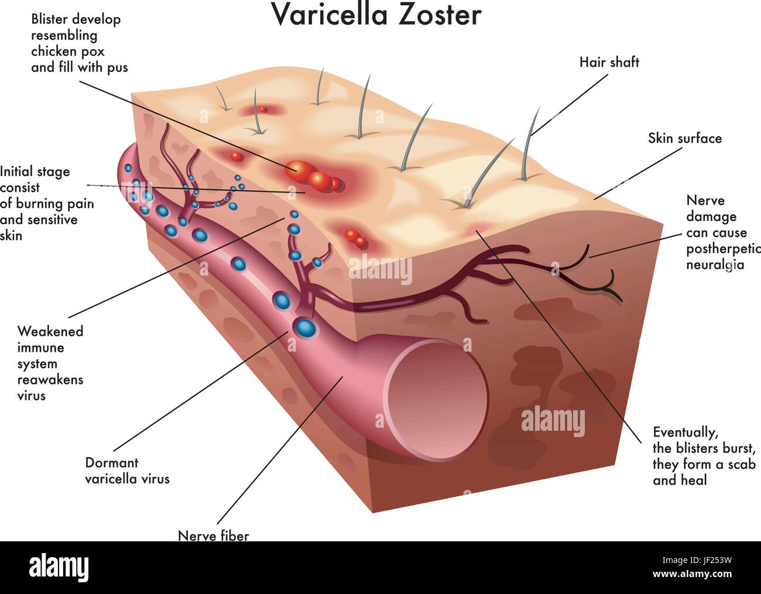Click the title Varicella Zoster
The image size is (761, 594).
coord(377,15)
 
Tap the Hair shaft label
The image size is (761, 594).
coord(609,62)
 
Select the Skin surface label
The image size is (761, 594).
coord(685,138)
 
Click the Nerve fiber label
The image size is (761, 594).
coord(213,535)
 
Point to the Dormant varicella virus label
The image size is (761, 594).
coord(127,471)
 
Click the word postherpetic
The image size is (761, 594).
coord(723,249)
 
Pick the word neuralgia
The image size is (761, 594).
coord(715,265)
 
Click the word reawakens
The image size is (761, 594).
coord(50,379)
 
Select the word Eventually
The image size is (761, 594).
coord(685,432)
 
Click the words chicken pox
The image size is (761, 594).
coord(67,52)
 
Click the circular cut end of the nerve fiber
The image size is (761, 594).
coord(436,400)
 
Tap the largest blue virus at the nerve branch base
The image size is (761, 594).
coord(306,328)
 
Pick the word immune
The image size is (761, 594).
coord(40,348)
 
